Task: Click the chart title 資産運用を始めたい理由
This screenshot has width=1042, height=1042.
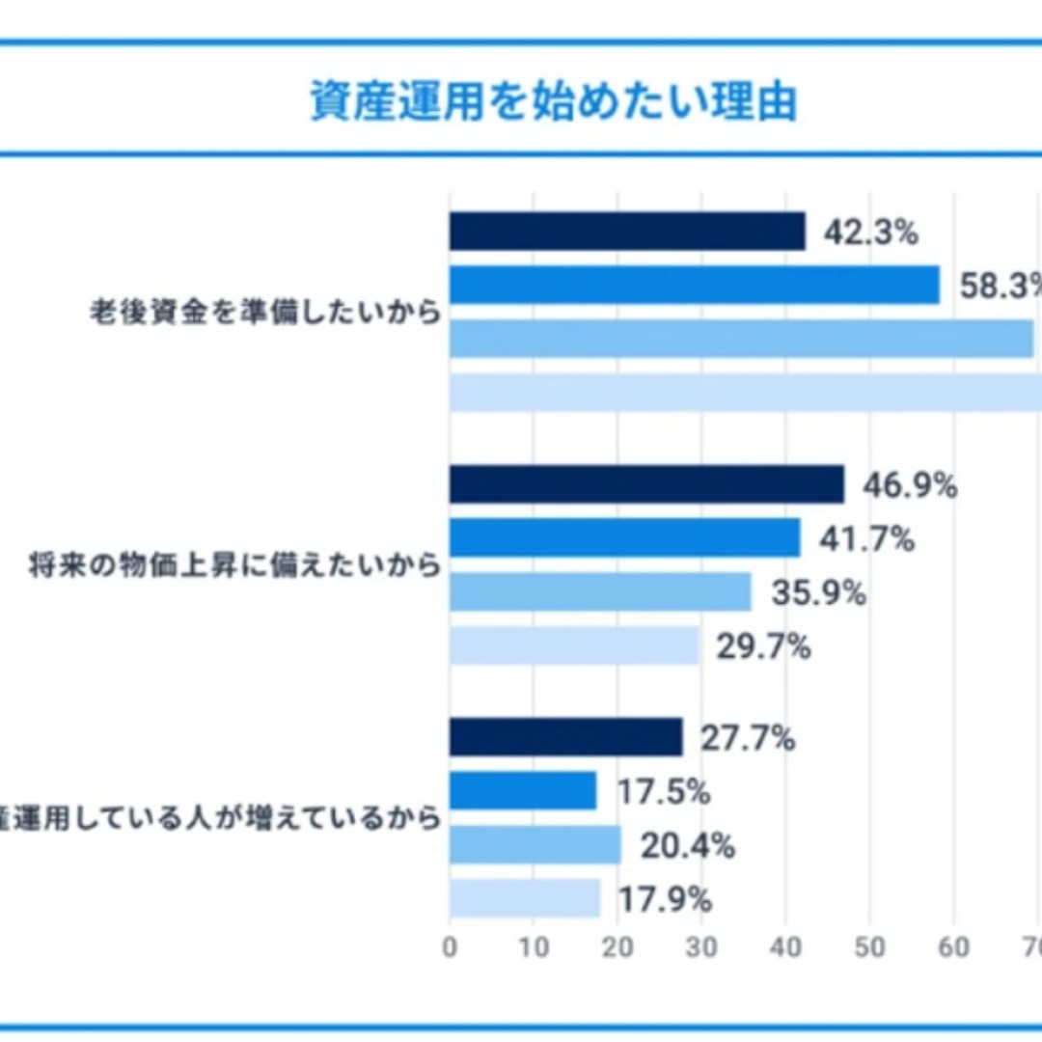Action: [553, 101]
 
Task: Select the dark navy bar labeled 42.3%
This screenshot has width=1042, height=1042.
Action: [627, 232]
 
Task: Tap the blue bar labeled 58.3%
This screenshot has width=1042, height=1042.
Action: [694, 286]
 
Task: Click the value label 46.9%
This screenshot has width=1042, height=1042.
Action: [909, 485]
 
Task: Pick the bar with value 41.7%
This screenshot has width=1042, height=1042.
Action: [624, 538]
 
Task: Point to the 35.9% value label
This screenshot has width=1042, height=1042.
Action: [818, 592]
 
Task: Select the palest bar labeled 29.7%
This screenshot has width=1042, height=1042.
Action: [574, 646]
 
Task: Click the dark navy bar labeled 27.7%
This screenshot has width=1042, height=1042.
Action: [565, 738]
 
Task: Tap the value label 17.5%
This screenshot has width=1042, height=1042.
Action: [664, 792]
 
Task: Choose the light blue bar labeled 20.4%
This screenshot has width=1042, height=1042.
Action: [535, 846]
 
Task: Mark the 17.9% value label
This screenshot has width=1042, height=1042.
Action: [665, 900]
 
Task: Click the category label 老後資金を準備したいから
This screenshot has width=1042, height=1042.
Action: [264, 314]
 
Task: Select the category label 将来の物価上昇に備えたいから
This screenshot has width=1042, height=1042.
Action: [235, 565]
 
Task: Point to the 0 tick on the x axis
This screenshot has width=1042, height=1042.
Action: [450, 946]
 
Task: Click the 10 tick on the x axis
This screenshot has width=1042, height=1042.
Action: [534, 946]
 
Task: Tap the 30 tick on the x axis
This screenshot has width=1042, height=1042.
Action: [701, 946]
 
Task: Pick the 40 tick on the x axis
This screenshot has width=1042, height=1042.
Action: [785, 946]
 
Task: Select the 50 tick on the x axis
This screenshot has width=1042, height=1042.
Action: [869, 946]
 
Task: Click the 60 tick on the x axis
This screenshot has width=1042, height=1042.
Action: [953, 946]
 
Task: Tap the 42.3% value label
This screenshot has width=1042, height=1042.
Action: [870, 233]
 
